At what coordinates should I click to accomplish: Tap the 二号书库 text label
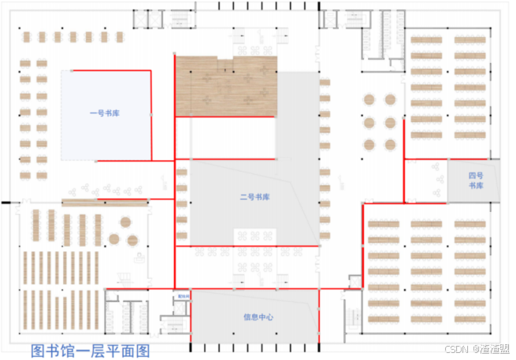254,197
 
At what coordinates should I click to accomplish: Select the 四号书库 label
474,180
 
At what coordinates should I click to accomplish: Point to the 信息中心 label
258,317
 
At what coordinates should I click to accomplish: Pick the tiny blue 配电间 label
183,297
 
